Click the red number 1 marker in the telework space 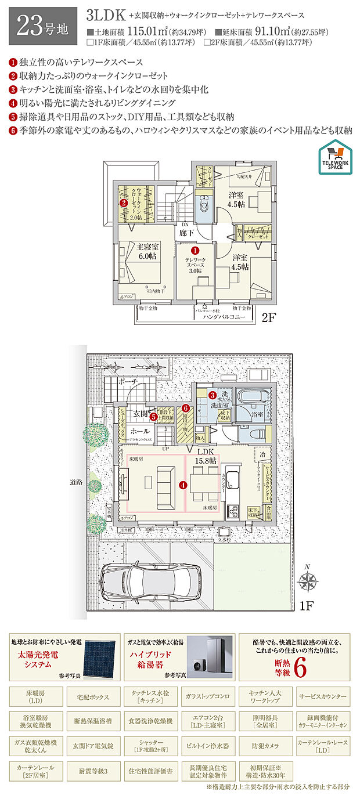[195, 250]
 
